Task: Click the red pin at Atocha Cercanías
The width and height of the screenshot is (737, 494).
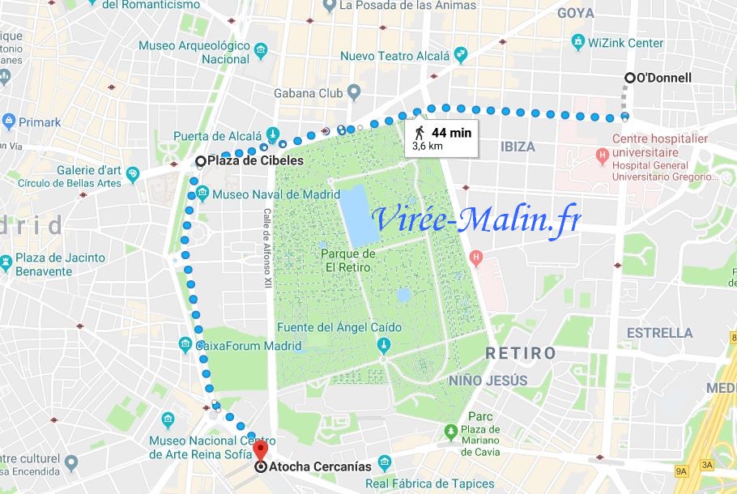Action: (x=260, y=452)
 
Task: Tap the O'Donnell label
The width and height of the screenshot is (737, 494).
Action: (x=665, y=79)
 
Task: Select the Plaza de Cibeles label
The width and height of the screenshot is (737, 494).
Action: (x=255, y=160)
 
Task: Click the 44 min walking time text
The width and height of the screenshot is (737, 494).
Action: (x=451, y=132)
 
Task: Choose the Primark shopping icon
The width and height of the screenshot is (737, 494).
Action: (x=9, y=122)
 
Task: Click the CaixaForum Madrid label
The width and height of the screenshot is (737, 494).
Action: (x=248, y=346)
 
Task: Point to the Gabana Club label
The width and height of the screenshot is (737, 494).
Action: (x=309, y=93)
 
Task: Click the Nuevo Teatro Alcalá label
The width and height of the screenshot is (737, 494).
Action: (x=394, y=56)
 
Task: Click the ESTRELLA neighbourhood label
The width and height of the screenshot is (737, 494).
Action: (x=659, y=333)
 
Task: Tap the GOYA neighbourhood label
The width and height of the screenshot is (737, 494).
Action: (x=575, y=13)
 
